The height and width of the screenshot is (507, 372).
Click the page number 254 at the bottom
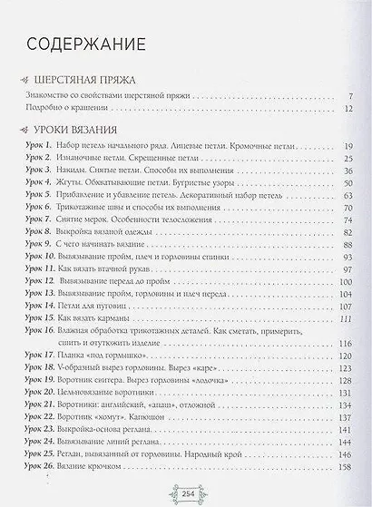[185, 493]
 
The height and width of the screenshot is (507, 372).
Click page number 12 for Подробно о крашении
[347, 108]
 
